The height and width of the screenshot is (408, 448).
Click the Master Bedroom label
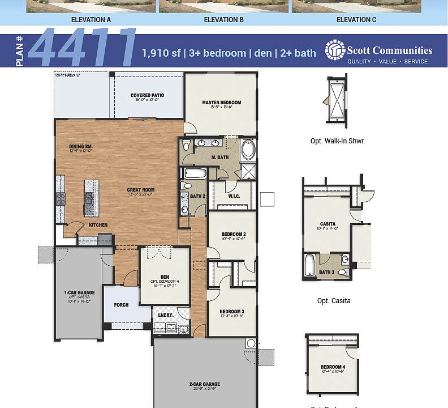(x=221, y=103)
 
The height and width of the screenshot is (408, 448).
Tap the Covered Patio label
(x=147, y=95)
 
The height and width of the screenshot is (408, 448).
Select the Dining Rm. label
(x=81, y=146)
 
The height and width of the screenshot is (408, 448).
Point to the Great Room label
(x=141, y=190)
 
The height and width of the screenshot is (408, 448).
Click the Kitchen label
(x=98, y=225)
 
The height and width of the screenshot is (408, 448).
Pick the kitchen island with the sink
(x=91, y=198)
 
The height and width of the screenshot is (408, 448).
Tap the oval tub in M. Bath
(x=248, y=151)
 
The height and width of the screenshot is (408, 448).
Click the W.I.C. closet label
(x=234, y=197)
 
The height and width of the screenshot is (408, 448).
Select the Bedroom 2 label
(x=233, y=234)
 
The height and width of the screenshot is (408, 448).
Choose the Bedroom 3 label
(x=232, y=311)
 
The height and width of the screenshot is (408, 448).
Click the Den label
(x=165, y=277)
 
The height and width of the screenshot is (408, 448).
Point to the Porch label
(x=121, y=305)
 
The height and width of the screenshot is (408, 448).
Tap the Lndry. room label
(x=165, y=314)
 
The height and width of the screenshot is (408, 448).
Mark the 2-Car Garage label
(x=204, y=384)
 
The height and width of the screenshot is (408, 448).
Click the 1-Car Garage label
(x=79, y=292)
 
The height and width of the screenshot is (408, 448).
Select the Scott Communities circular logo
(x=335, y=50)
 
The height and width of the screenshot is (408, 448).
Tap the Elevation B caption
(x=223, y=20)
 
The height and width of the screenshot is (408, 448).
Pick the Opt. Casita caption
(x=334, y=301)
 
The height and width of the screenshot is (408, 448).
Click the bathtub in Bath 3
(x=309, y=265)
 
